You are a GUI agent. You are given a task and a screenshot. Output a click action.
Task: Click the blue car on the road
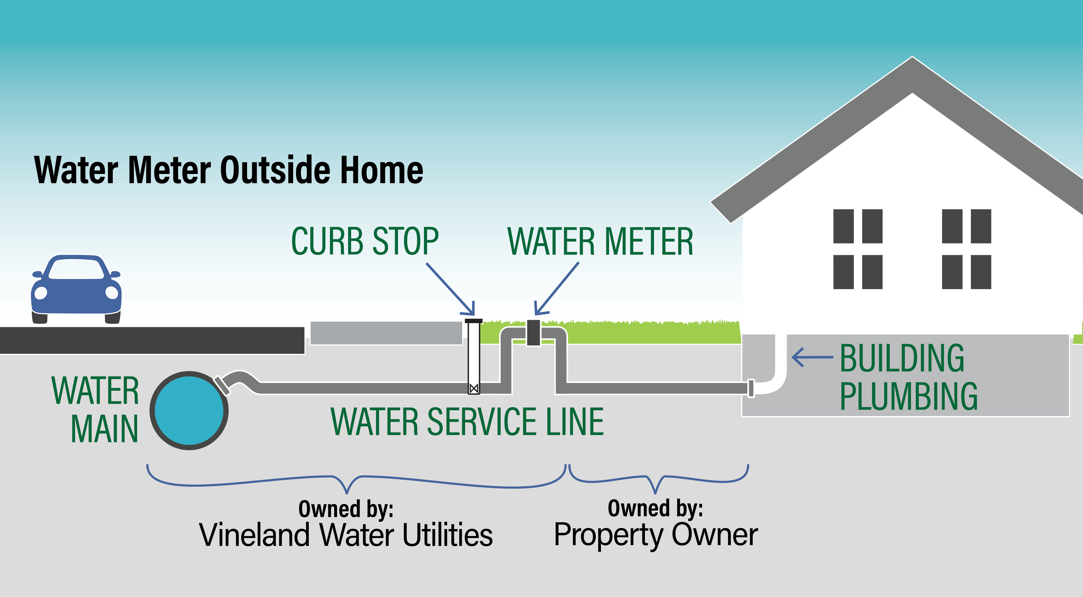(76, 289)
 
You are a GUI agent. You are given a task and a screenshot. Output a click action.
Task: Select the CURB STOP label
(365, 241)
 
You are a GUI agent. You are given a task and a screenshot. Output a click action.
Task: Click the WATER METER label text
(600, 241)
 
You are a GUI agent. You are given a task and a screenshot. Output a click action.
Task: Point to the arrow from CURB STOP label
(450, 289)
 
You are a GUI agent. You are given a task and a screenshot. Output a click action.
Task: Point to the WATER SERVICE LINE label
(467, 422)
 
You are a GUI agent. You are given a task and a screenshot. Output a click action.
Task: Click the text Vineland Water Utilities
(346, 534)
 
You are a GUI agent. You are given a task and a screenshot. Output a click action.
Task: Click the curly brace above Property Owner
(658, 479)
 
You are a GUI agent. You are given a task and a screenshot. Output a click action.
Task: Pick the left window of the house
(858, 249)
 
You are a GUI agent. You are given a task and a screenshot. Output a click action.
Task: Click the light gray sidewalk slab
(386, 333)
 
